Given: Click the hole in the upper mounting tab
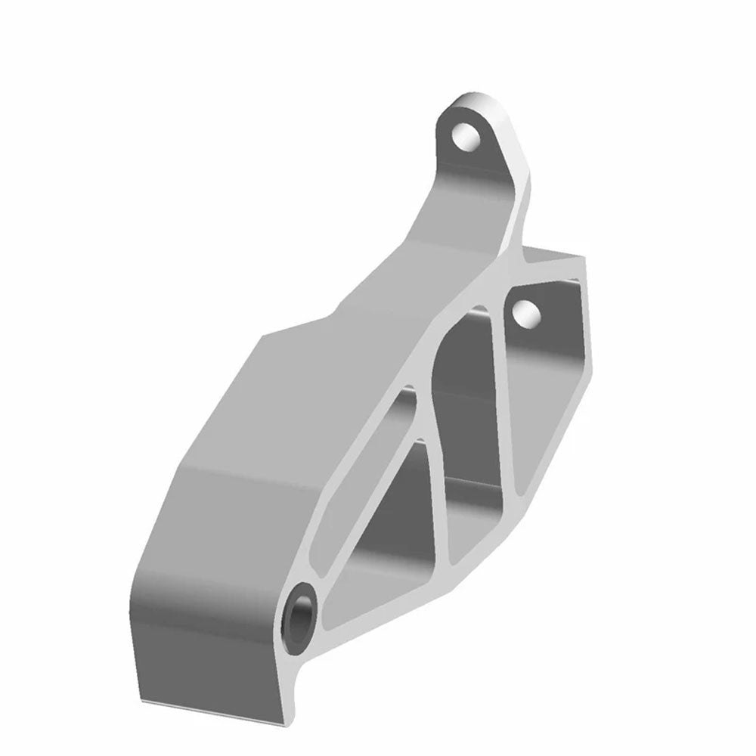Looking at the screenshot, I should [466, 136].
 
